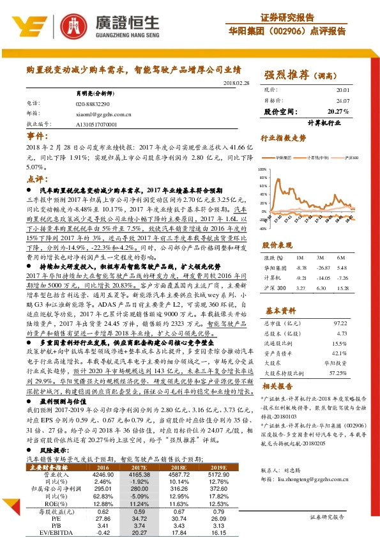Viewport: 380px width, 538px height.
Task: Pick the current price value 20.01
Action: pyautogui.click(x=343, y=91)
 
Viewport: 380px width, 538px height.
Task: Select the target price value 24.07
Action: pyautogui.click(x=343, y=101)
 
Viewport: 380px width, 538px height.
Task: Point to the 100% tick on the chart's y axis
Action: pyautogui.click(x=262, y=169)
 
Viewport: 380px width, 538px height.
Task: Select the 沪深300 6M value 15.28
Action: pyautogui.click(x=343, y=288)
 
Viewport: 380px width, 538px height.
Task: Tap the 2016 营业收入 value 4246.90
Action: pyautogui.click(x=103, y=474)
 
